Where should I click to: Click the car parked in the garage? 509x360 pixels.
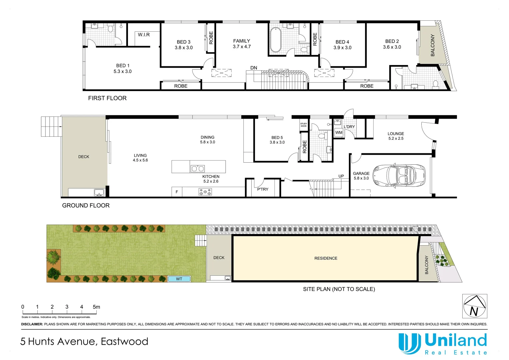tap(399, 175)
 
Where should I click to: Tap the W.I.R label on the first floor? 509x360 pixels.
tap(144, 35)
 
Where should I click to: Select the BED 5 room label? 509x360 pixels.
tap(277, 138)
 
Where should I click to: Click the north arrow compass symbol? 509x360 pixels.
tap(475, 306)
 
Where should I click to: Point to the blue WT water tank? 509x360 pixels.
tap(179, 279)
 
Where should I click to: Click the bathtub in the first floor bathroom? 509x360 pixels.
tap(275, 40)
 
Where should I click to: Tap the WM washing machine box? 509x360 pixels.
tap(339, 133)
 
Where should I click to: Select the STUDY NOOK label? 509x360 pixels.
tap(304, 125)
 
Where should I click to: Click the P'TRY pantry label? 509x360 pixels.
tap(263, 189)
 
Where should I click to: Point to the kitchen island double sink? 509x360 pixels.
tap(197, 169)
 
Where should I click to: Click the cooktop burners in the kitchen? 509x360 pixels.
tap(205, 192)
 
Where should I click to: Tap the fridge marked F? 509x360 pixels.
tap(177, 192)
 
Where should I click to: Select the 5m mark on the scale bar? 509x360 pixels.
tap(96, 307)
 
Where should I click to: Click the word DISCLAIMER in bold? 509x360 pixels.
tap(32, 324)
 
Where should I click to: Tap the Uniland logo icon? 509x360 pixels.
tap(409, 343)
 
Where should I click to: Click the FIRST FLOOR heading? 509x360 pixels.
tap(107, 98)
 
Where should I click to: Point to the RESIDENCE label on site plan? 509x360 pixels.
tap(326, 258)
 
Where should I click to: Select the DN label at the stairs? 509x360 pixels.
tap(254, 68)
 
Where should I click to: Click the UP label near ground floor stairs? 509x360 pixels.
tap(341, 176)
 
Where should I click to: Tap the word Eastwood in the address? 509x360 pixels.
tap(124, 342)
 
